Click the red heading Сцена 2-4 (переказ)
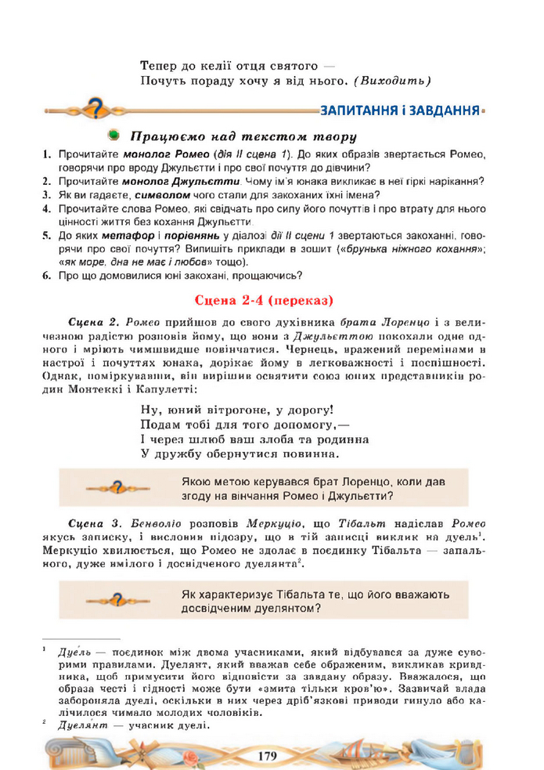pos(266,299)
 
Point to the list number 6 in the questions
pos(47,275)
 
